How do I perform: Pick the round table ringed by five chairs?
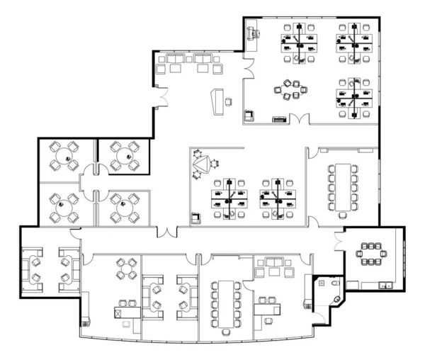coord(291,91)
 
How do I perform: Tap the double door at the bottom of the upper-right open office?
coord(297,118)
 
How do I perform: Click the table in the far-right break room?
coord(370,253)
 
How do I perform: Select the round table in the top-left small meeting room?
coord(65,154)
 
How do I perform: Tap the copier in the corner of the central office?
coord(196,216)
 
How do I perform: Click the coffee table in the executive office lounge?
coord(273,271)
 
